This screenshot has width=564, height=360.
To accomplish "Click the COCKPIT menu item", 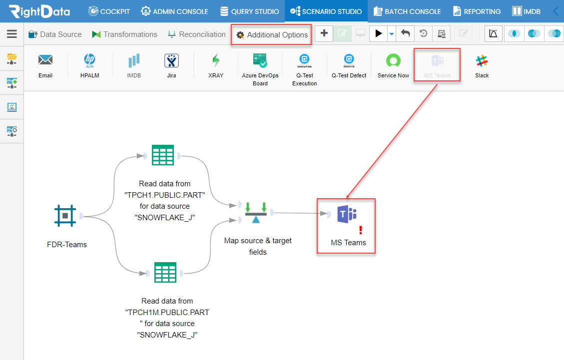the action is pos(109,11).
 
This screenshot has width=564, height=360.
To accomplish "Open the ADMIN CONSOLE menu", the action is pos(174,11).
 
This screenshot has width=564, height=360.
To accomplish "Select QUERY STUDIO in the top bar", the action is pos(250,11).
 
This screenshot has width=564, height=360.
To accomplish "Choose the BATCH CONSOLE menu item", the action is pos(407,11).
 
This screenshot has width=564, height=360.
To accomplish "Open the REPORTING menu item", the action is pos(477,11).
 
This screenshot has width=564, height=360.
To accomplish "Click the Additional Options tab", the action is pos(272,35).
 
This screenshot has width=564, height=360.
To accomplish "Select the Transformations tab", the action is pos(124,34).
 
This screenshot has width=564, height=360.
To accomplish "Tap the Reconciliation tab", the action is pos(197,34).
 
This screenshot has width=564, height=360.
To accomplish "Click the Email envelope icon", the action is pos(45,60).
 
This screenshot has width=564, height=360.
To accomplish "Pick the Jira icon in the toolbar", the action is pos(171,61).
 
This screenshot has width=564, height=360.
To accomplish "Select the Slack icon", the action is pos(482,61).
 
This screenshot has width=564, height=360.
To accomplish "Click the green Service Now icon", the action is pos(393,60).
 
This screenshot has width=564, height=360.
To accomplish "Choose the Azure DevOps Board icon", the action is pos(260,60).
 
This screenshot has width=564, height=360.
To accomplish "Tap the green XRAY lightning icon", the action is pos(216,61).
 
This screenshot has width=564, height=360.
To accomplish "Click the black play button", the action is pos(378,33).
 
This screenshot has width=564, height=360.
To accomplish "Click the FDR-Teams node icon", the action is pos(65,216).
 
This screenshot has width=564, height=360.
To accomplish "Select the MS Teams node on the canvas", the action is pos(347,214).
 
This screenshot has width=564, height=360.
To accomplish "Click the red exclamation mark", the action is pos(361,230).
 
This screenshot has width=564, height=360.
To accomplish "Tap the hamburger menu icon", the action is pos(12,34).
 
